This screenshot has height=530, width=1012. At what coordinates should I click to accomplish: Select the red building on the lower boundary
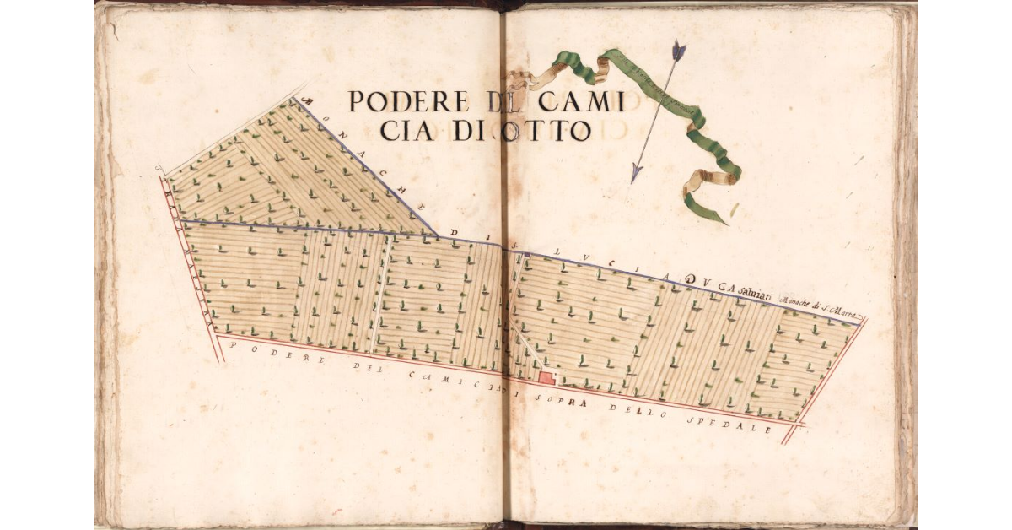(x=546, y=377)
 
